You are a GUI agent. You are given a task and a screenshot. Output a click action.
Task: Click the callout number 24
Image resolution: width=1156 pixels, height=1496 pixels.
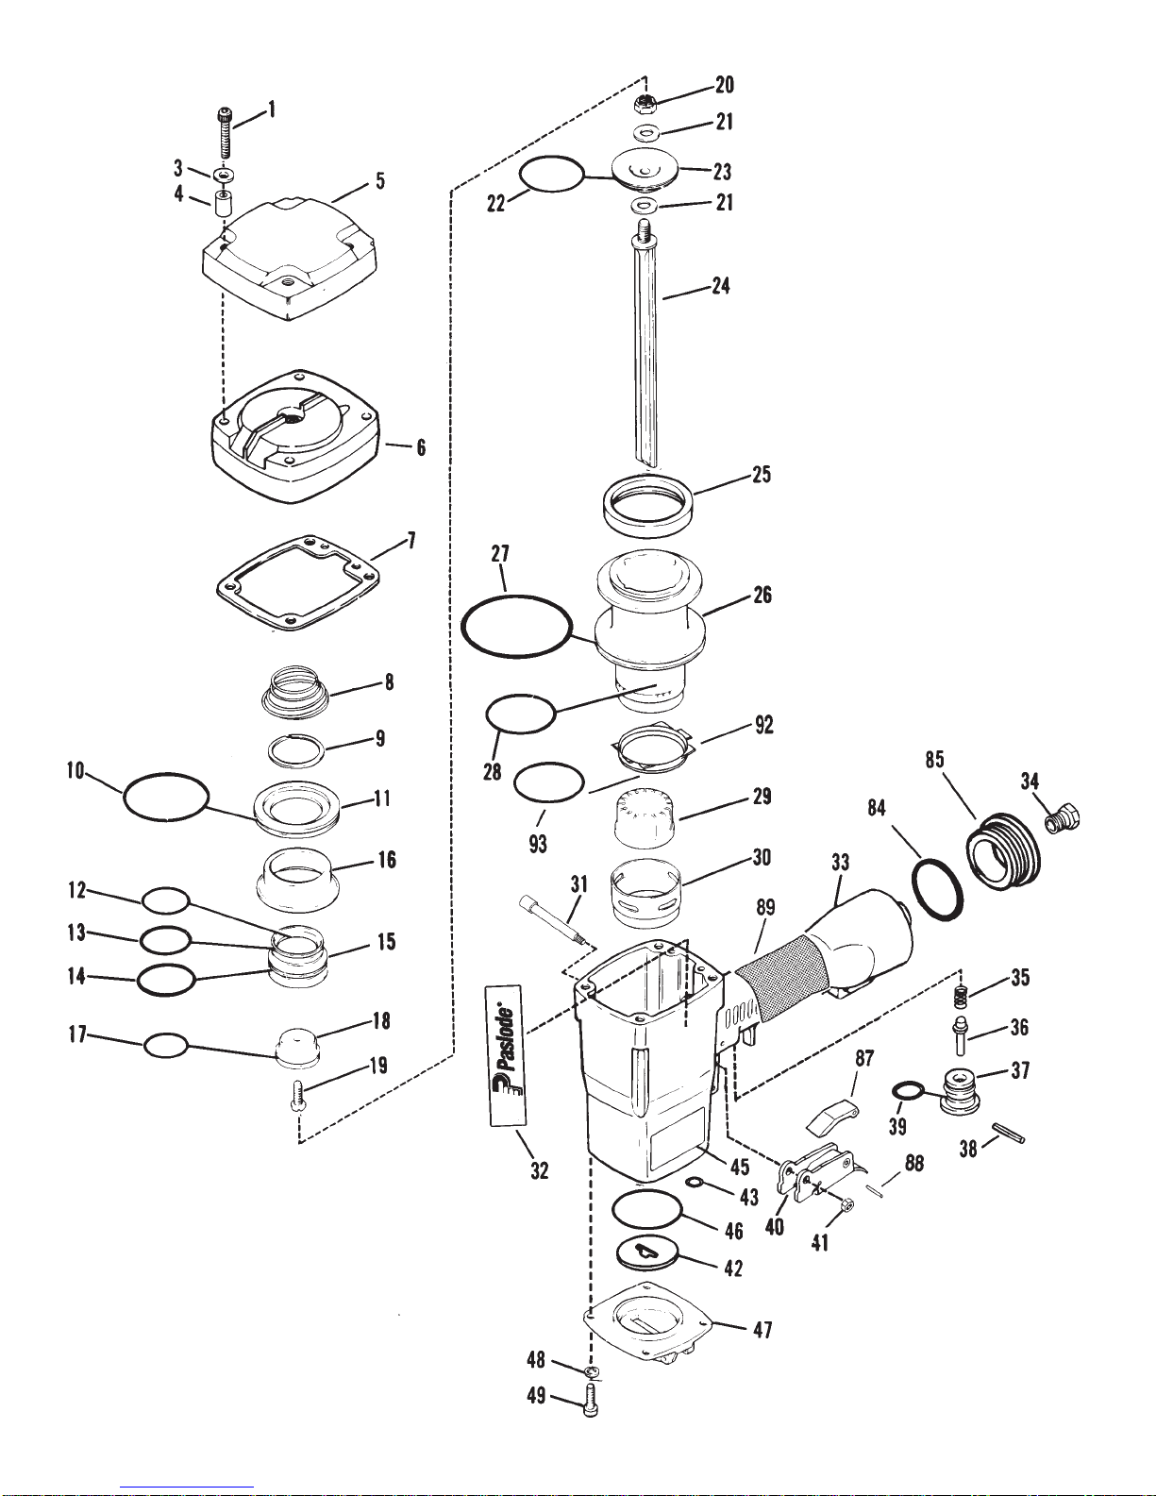tap(720, 286)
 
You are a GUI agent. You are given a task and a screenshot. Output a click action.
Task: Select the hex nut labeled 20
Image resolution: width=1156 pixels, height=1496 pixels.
tap(644, 105)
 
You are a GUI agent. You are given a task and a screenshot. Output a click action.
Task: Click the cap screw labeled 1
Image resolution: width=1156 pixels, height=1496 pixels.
tap(226, 134)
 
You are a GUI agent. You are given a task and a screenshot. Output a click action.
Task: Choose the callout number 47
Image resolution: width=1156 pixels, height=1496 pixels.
tap(762, 1329)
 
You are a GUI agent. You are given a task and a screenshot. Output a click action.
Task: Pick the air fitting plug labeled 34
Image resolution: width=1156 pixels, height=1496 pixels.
tap(1063, 818)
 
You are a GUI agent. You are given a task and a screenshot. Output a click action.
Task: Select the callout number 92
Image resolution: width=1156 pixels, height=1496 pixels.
tap(763, 725)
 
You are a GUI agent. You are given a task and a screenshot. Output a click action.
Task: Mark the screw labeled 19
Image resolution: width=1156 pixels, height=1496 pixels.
tap(296, 1095)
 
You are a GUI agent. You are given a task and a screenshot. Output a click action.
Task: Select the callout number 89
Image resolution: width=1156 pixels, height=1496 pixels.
tap(765, 907)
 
